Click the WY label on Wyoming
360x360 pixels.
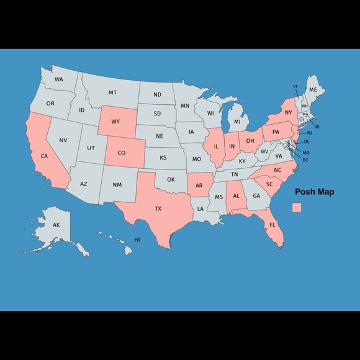coord(115,121)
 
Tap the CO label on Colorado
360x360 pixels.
coord(121,152)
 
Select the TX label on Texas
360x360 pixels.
coord(158,209)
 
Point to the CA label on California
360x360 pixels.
coord(45,156)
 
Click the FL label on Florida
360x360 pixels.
coord(272,225)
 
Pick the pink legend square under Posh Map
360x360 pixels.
coord(297,207)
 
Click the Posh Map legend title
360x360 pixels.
coord(314,192)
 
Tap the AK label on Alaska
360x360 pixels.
coord(56,225)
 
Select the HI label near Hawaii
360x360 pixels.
coord(137,240)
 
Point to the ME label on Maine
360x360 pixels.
coord(313,90)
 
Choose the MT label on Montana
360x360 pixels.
coord(112,92)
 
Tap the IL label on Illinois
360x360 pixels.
coord(216,147)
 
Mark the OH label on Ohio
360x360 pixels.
coord(250,141)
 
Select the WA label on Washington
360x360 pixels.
coord(58,79)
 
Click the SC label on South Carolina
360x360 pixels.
coord(269,184)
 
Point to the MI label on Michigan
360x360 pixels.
coord(237,122)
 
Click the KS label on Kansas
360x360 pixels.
coord(163,158)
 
